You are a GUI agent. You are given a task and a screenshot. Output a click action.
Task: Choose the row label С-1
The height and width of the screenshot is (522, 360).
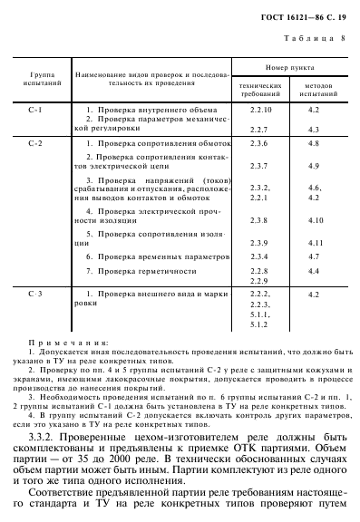click(36, 109)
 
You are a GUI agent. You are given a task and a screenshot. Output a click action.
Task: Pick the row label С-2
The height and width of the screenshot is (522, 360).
click(36, 143)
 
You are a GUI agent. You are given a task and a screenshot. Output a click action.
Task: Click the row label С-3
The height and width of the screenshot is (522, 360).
click(36, 295)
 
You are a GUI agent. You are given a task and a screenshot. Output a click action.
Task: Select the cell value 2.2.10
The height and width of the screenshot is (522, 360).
click(261, 109)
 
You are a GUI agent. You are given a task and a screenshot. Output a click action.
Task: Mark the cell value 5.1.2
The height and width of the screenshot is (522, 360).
click(259, 324)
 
